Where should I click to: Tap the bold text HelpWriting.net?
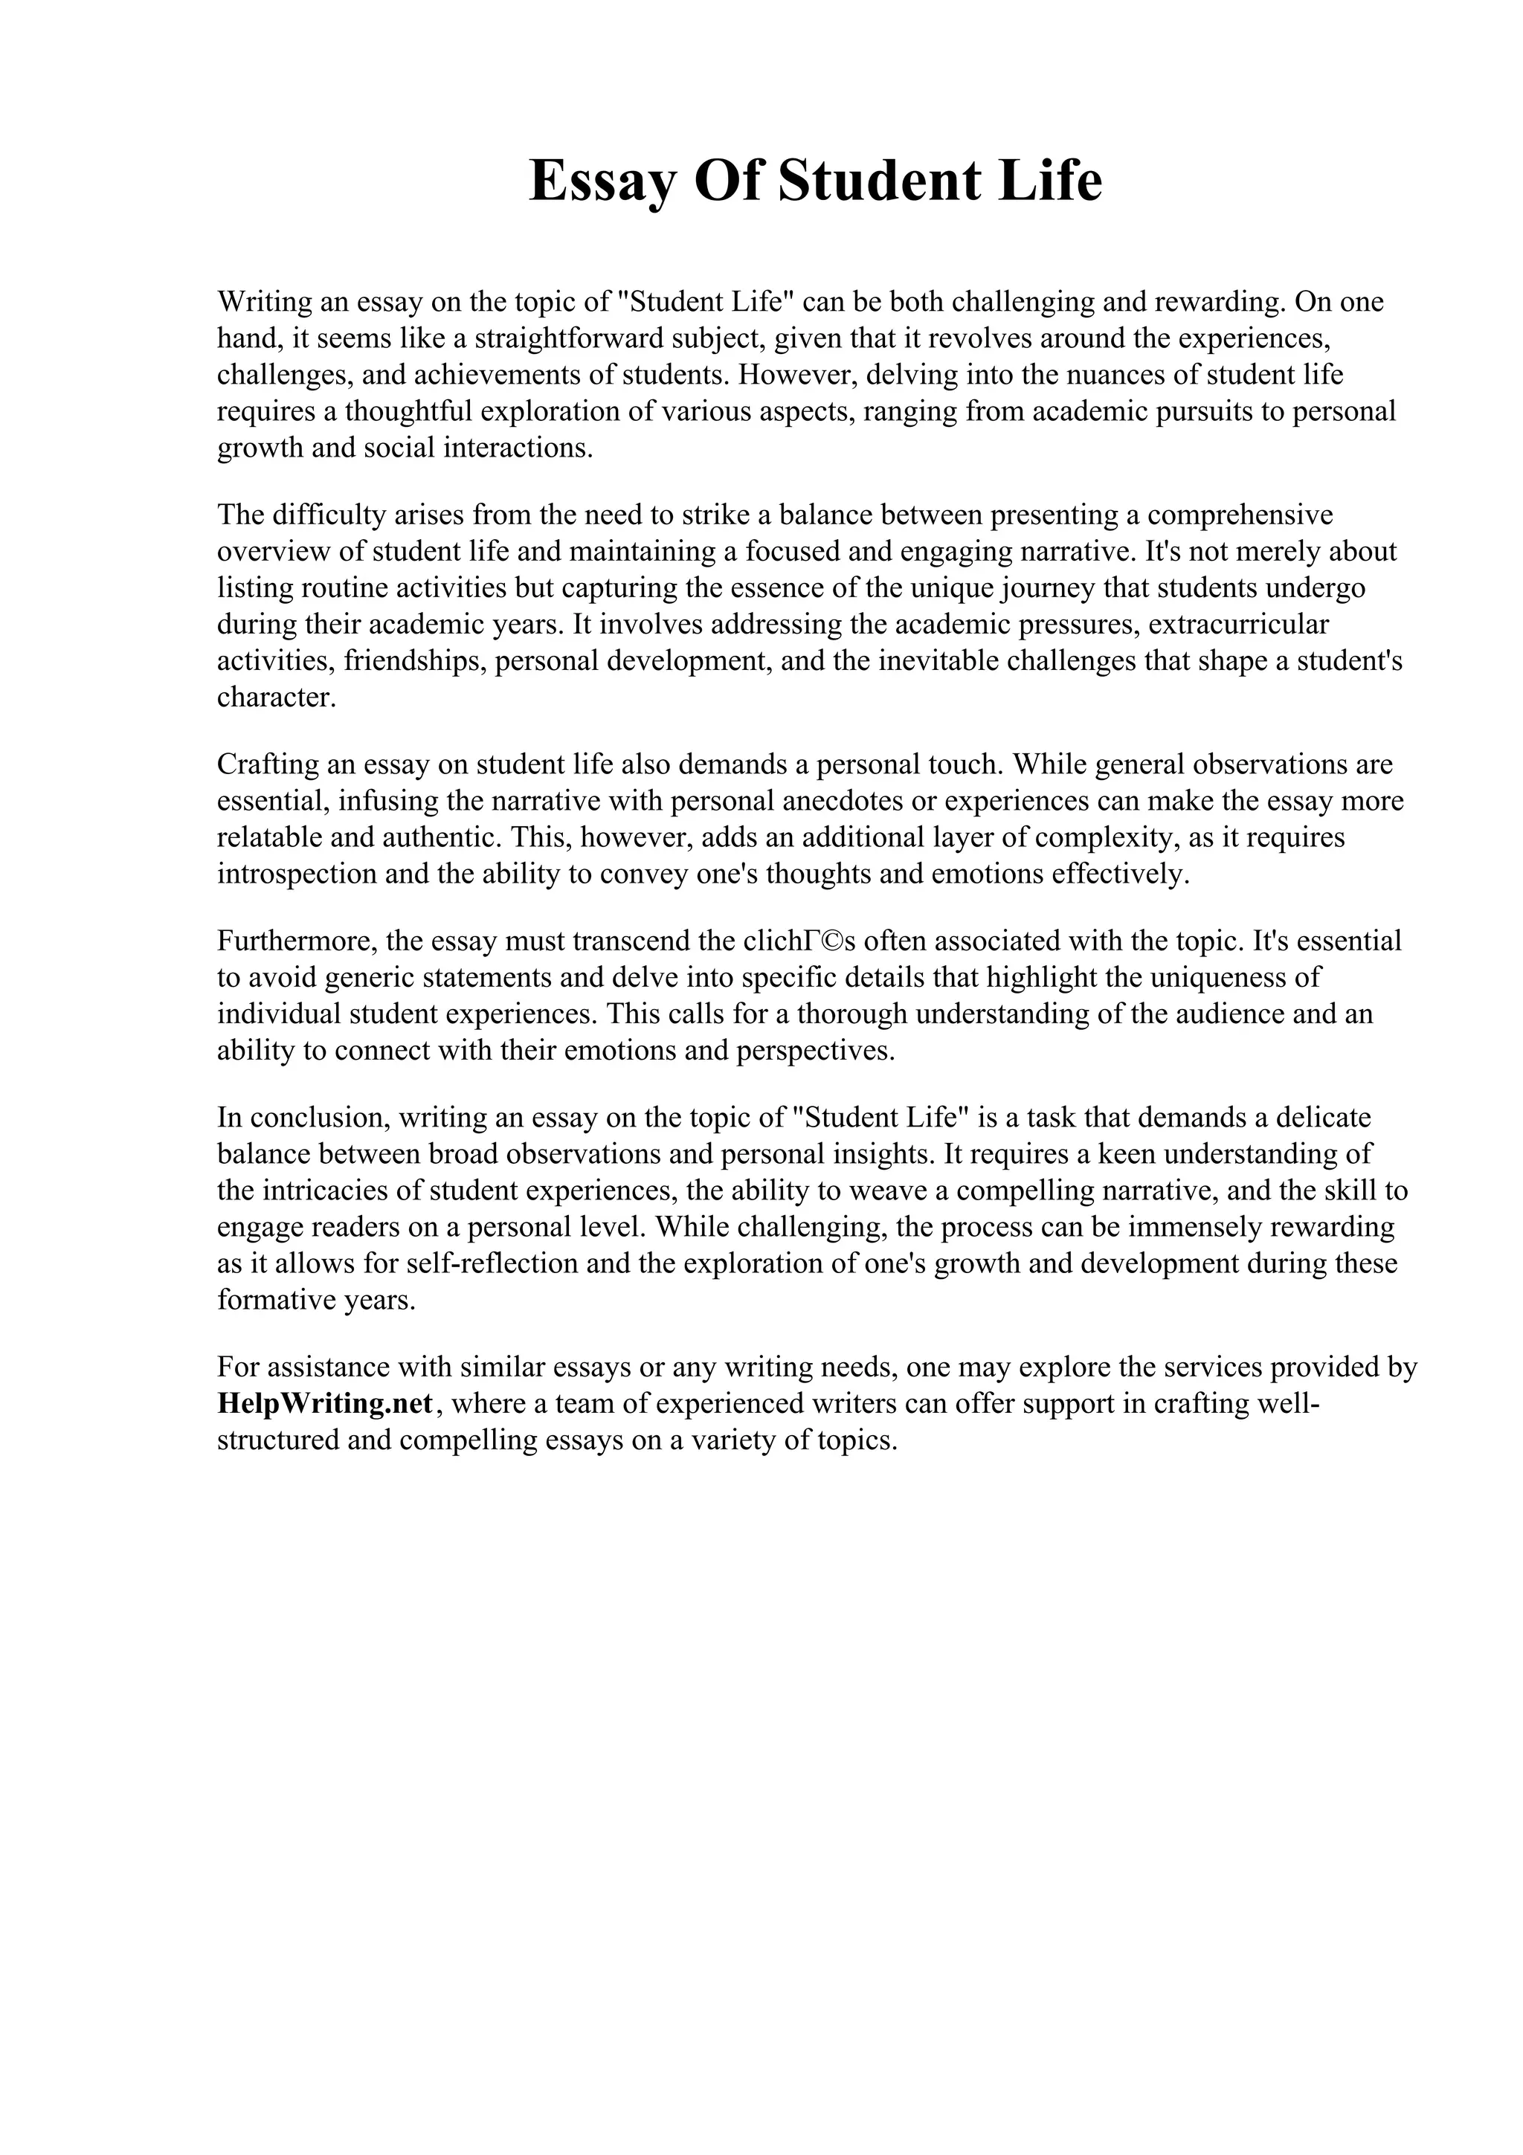[x=326, y=1403]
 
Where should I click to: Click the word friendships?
[x=413, y=661]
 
